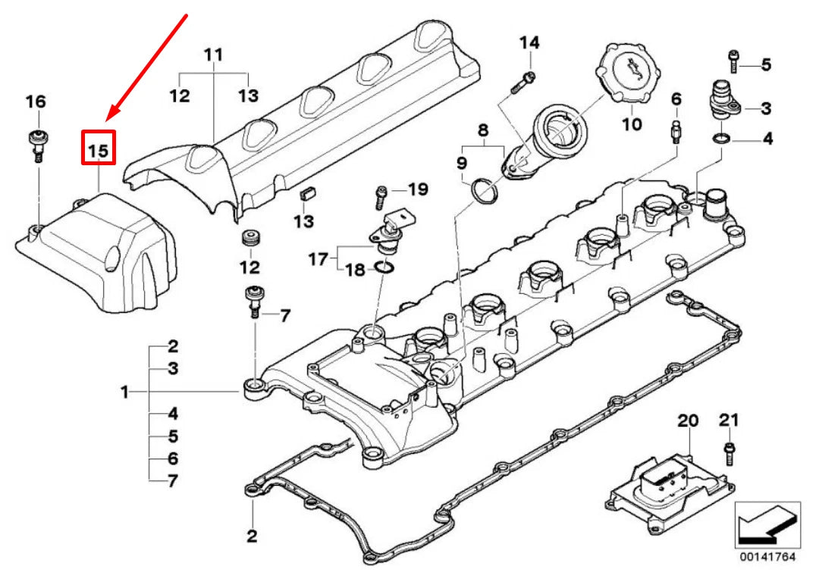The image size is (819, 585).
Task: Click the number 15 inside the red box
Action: (x=99, y=150)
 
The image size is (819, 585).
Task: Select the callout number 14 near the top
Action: (x=529, y=42)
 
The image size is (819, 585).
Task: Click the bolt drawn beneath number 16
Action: (x=36, y=145)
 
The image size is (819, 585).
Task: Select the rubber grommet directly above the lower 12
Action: (x=249, y=239)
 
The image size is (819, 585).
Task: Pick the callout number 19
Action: (x=419, y=189)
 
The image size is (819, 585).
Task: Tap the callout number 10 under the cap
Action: (x=632, y=124)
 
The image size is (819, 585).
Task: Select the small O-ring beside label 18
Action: (x=384, y=267)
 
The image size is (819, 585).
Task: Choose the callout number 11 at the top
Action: (x=215, y=55)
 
